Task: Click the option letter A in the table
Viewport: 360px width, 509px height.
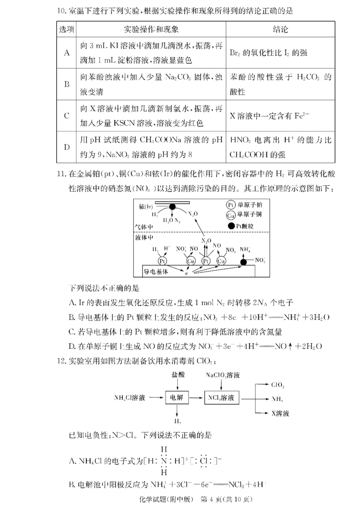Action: point(67,53)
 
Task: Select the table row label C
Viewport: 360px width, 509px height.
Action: point(67,116)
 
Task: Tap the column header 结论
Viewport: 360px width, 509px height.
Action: point(280,29)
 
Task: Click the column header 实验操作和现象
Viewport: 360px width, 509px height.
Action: point(151,29)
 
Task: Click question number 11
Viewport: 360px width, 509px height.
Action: point(62,173)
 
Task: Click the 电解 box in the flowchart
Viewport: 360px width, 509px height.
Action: point(177,397)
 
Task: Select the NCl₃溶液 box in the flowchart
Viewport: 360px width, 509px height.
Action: point(222,397)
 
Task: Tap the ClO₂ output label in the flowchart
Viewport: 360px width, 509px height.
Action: point(278,385)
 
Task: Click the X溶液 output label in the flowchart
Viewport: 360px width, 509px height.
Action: point(280,412)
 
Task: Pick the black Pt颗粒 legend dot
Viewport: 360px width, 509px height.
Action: point(230,225)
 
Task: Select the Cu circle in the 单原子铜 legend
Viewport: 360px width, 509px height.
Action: point(230,214)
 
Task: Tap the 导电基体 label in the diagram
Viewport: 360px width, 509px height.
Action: point(155,271)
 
